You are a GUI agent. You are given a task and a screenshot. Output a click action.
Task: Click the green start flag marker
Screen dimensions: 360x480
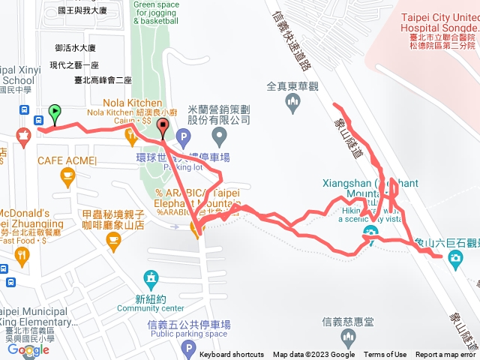pos(54,113)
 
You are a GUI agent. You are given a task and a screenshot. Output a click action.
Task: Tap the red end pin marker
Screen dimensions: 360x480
pos(163,128)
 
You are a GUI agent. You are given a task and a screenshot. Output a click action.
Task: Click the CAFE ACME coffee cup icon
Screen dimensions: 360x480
pos(67,176)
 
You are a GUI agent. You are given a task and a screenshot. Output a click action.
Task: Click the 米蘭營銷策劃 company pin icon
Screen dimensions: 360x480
pos(220,136)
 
